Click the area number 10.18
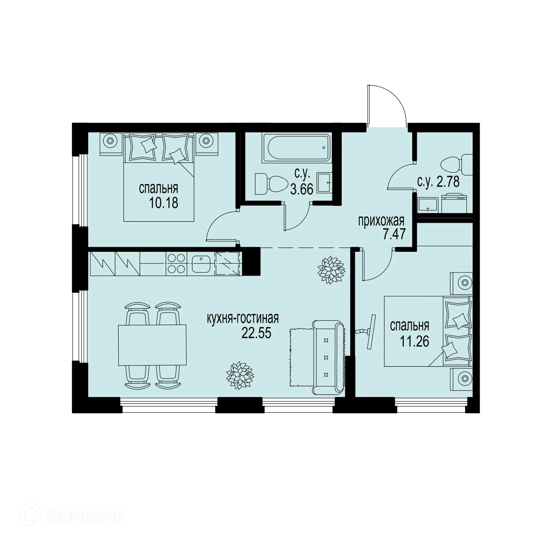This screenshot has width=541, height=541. point(163,203)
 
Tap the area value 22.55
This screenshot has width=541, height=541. point(256,333)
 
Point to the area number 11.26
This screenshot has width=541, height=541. point(414,341)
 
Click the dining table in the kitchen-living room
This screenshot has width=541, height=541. point(152,345)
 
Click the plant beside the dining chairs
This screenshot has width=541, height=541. point(240,375)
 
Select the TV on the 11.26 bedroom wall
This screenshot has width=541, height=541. point(370,332)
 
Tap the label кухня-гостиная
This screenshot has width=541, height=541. point(243,318)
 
